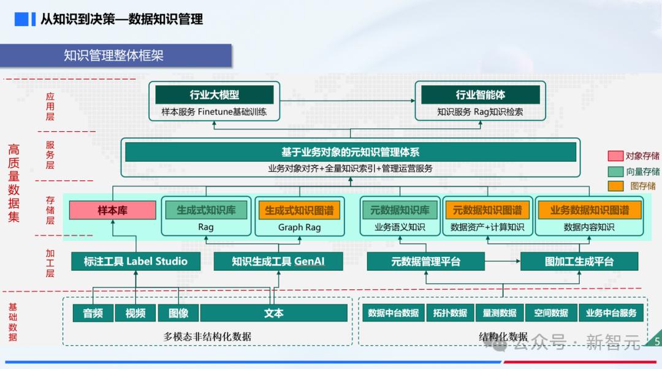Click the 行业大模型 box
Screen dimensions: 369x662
214,95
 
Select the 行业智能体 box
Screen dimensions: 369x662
480,95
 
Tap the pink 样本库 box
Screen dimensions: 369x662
112,210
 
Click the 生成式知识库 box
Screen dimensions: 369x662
206,210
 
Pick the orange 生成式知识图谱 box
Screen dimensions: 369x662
299,210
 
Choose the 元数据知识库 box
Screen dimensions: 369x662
398,210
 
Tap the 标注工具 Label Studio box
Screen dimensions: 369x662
135,261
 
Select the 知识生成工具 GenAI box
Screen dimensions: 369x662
278,261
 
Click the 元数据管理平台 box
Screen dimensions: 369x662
425,261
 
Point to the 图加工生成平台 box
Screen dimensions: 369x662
579,261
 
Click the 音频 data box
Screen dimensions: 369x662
93,313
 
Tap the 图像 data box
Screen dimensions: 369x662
178,313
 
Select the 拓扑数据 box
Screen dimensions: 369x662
450,313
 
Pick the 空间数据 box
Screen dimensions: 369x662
551,313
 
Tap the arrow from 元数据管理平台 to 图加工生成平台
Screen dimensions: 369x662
502,262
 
